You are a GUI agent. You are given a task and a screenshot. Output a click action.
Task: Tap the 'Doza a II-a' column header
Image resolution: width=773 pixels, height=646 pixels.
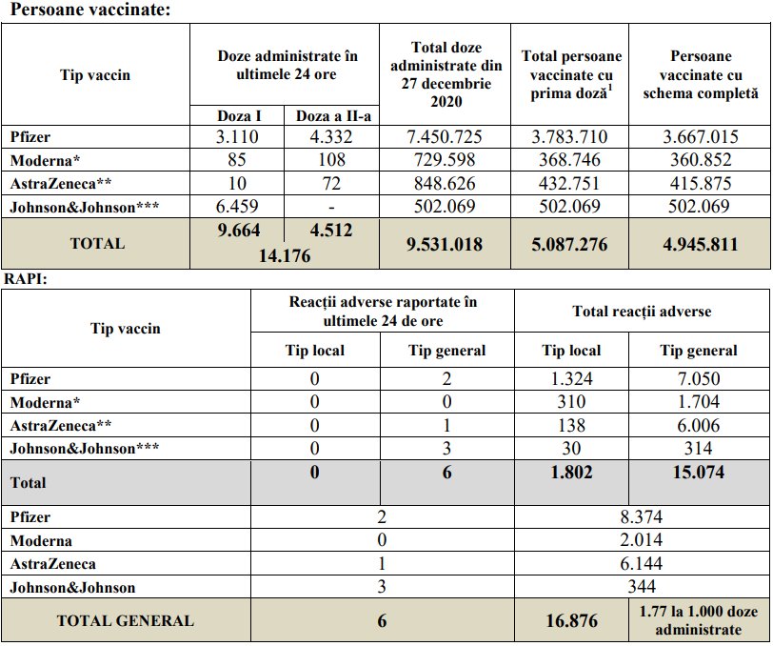(x=332, y=115)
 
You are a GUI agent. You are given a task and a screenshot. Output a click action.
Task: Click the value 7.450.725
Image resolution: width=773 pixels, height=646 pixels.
(x=445, y=137)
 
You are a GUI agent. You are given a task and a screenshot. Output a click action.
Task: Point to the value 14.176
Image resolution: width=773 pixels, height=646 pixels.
(x=285, y=255)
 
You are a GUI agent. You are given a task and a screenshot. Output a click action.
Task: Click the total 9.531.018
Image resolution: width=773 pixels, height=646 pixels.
(x=445, y=244)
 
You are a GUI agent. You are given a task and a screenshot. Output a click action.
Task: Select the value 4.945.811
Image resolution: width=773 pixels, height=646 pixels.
(x=701, y=244)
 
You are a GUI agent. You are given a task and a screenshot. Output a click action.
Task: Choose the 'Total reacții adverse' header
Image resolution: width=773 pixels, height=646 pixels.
(x=642, y=312)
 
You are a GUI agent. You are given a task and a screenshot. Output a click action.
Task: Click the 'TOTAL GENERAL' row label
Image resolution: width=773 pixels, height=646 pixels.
(x=126, y=621)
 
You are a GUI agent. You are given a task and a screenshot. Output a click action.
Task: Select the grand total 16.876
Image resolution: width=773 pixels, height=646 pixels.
(x=571, y=621)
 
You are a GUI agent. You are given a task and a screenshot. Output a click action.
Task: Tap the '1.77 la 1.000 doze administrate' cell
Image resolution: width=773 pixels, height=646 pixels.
(x=699, y=621)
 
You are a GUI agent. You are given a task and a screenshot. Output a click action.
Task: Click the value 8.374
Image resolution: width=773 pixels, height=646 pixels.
(x=641, y=517)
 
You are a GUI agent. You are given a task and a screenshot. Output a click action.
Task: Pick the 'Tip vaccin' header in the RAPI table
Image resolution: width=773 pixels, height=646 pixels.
(x=126, y=329)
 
